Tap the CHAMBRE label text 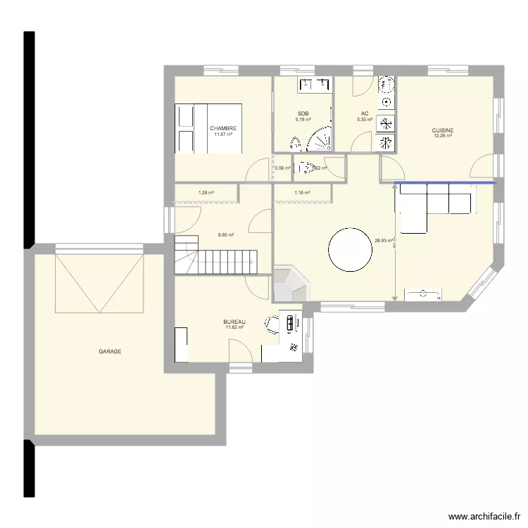click(222, 128)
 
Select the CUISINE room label click(443, 130)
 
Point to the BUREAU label click(234, 322)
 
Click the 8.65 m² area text click(225, 235)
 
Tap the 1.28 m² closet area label click(206, 192)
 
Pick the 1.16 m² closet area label click(302, 192)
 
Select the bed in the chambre click(208, 128)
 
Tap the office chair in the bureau click(272, 324)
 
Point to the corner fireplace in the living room click(289, 283)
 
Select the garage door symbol click(100, 283)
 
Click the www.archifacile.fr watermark click(483, 515)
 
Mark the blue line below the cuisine click(446, 183)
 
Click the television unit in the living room click(422, 294)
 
